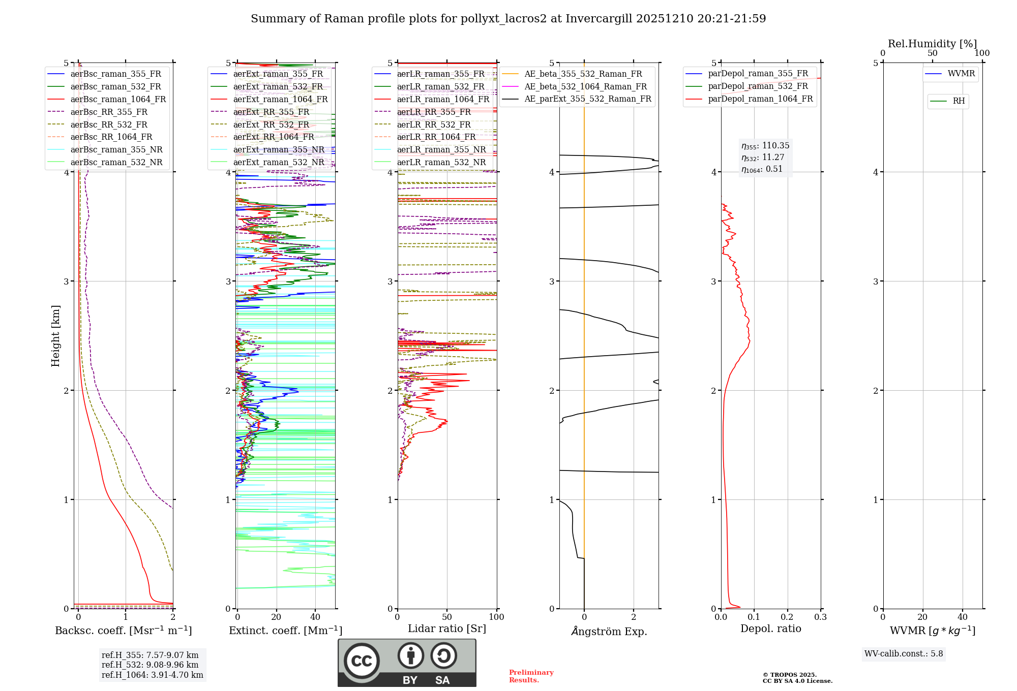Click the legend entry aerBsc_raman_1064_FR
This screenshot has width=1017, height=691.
click(x=118, y=99)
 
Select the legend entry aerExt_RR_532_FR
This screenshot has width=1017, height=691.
click(x=271, y=124)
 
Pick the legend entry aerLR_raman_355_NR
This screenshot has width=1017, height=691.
click(x=441, y=149)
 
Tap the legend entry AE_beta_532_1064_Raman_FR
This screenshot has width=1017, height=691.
click(x=585, y=86)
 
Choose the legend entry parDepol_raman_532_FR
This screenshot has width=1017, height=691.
click(x=758, y=86)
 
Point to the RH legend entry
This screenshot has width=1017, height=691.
click(x=959, y=101)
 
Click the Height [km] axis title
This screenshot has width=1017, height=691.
click(x=55, y=336)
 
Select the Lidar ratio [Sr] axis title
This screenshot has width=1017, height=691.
click(x=447, y=629)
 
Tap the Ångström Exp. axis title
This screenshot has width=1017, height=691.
click(x=609, y=631)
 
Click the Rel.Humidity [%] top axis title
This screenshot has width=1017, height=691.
click(x=932, y=44)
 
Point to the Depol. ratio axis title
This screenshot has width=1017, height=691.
click(x=770, y=629)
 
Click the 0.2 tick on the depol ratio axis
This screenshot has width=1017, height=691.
click(x=787, y=617)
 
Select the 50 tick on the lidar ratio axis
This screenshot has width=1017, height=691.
click(x=447, y=617)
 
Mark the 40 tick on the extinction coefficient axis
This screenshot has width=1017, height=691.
click(x=315, y=617)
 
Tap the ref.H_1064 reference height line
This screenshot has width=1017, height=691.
click(x=152, y=675)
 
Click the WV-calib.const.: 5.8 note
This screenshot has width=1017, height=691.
click(x=904, y=654)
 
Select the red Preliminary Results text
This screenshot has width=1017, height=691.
click(x=531, y=676)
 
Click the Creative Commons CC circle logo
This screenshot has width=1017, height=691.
click(x=362, y=661)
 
